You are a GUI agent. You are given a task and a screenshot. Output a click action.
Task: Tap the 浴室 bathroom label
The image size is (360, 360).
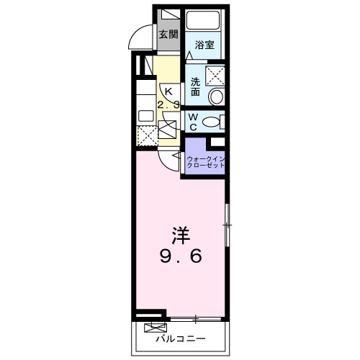(204, 45)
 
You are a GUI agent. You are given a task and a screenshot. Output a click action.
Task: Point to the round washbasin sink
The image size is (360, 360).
(215, 96)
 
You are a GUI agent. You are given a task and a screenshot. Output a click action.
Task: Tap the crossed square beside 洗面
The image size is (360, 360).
(215, 75)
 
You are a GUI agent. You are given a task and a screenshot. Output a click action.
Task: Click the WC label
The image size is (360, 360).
(193, 120)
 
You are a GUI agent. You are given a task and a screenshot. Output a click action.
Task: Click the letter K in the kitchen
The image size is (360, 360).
(168, 91)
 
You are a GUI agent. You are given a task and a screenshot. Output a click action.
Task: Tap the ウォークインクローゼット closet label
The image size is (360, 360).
(205, 161)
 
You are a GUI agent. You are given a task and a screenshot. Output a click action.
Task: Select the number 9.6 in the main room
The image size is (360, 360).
(181, 255)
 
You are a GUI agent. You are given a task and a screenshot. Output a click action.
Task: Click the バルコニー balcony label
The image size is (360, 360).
(181, 338)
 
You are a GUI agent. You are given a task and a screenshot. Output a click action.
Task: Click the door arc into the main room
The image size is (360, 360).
(170, 160)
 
